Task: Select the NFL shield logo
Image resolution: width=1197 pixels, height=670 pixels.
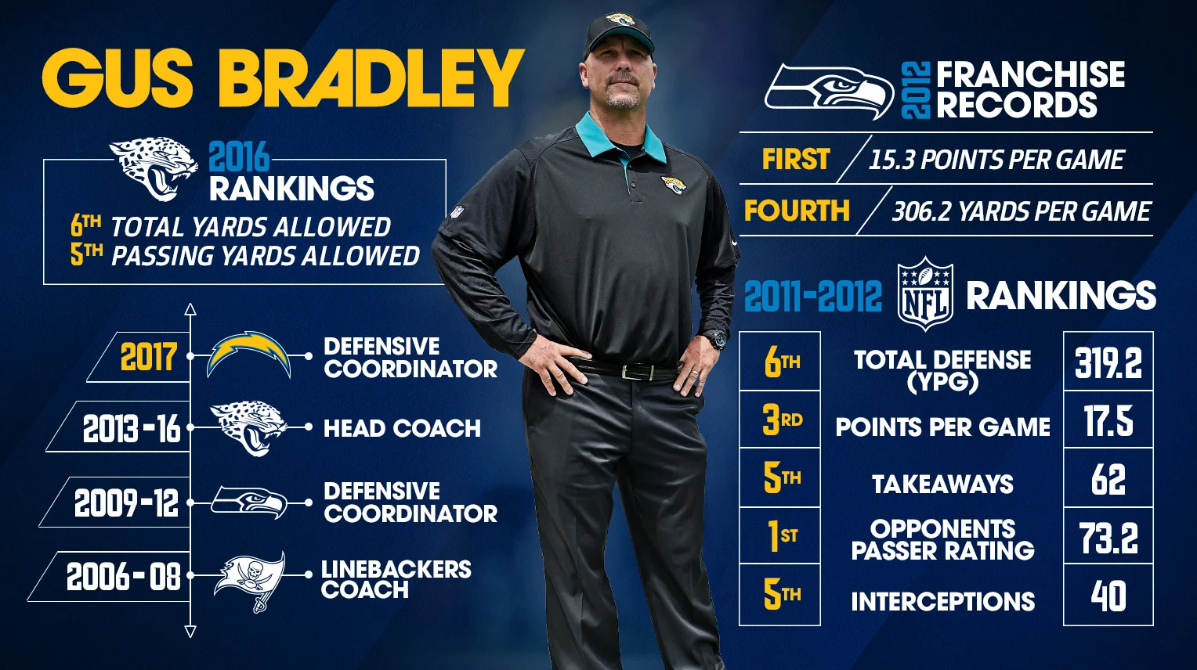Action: [x=925, y=295]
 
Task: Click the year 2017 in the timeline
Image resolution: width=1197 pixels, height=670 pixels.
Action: [x=148, y=357]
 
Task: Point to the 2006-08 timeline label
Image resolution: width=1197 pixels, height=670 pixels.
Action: [x=123, y=577]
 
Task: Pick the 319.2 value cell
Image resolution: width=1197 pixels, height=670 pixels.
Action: [x=1108, y=362]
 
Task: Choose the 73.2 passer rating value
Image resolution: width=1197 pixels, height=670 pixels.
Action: [x=1108, y=538]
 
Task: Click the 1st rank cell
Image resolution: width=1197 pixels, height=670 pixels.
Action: [x=780, y=536]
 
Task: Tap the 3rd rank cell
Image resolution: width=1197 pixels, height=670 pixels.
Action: [x=780, y=420]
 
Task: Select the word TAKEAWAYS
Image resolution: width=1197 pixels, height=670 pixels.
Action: [x=942, y=484]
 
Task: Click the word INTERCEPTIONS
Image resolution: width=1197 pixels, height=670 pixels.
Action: [x=942, y=601]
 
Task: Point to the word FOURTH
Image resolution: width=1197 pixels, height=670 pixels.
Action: [x=797, y=211]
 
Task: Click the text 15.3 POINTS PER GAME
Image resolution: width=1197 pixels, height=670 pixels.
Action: [x=996, y=160]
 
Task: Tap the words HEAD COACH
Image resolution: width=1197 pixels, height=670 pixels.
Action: [x=402, y=428]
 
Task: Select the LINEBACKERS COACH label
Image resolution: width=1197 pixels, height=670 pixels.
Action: [x=396, y=579]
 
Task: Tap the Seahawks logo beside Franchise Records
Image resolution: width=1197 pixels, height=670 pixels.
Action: [x=829, y=90]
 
